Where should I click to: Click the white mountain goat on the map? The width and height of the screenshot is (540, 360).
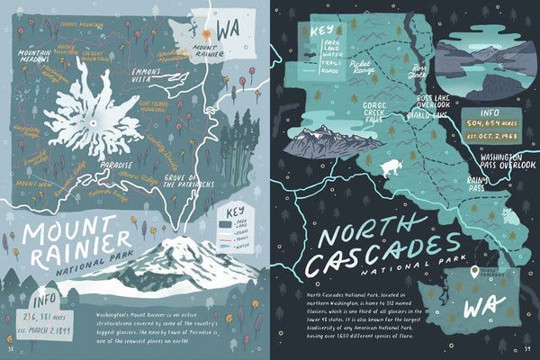click(393, 167)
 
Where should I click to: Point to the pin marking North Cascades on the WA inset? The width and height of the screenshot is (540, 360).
click(473, 271)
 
